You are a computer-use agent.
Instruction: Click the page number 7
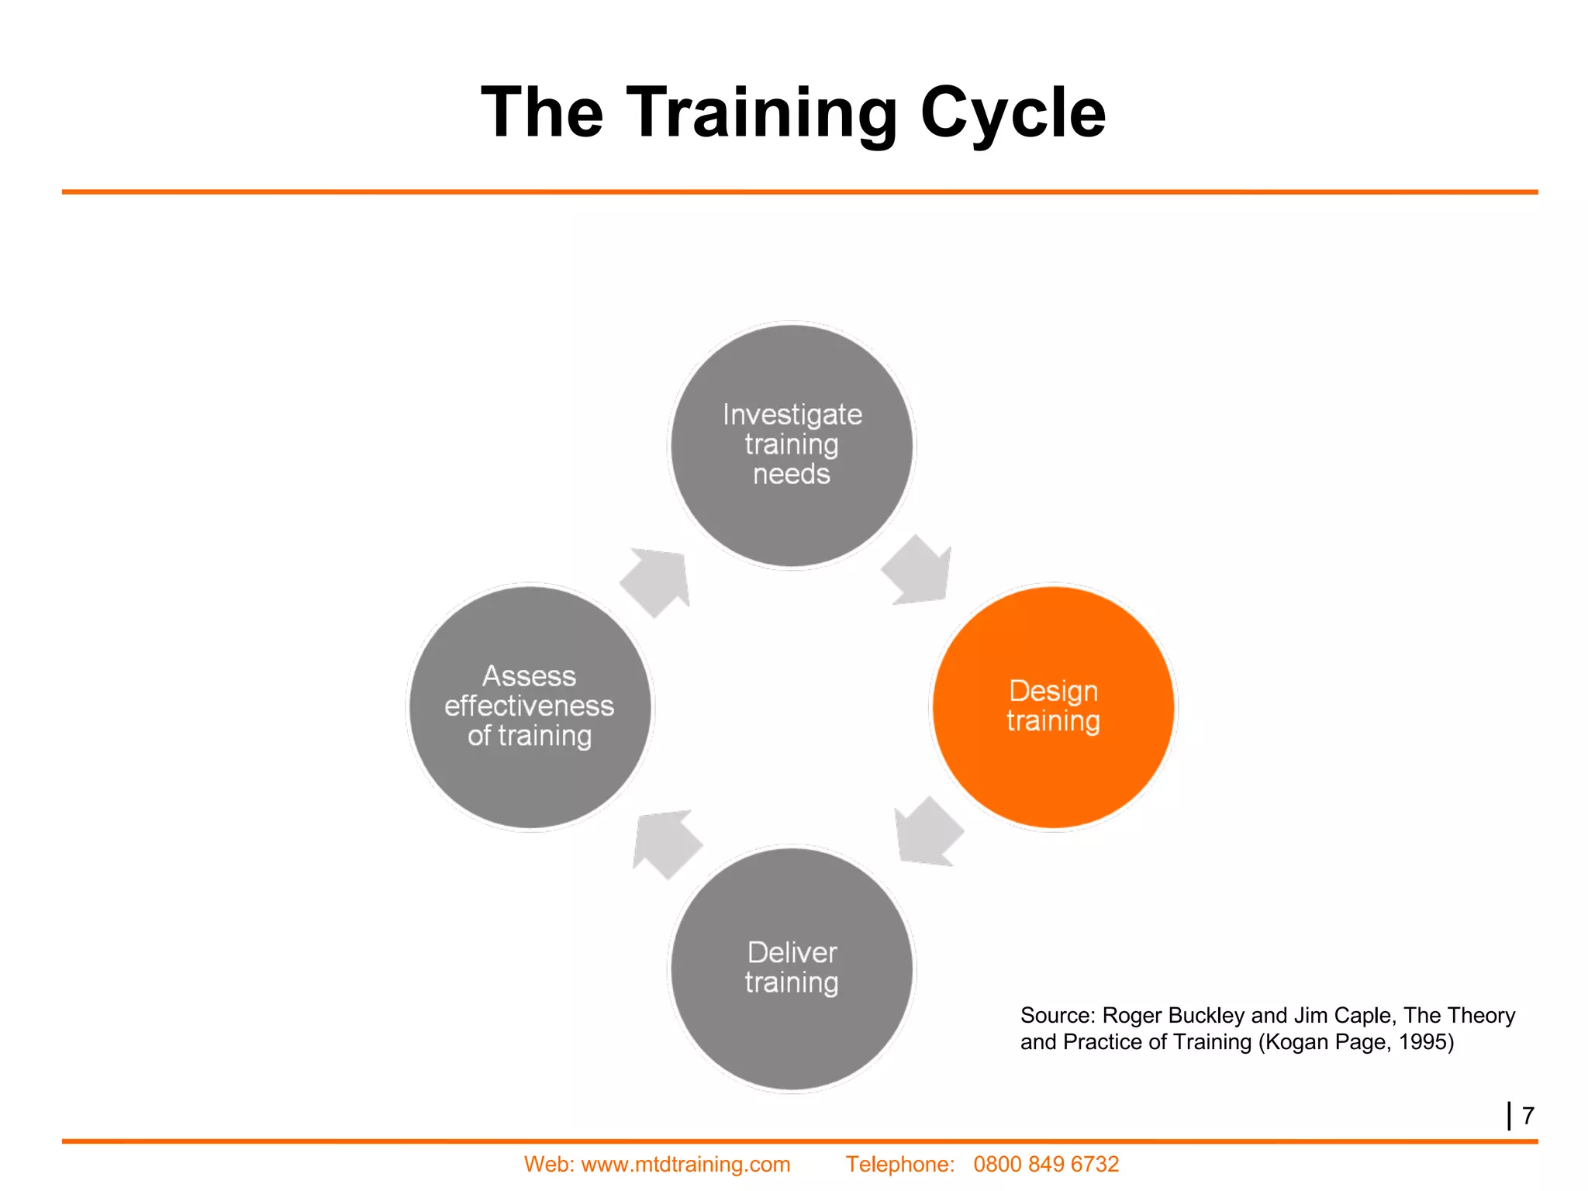[x=1528, y=1116]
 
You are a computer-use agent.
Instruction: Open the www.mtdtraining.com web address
[x=685, y=1165]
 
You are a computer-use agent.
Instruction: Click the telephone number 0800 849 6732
[x=1046, y=1165]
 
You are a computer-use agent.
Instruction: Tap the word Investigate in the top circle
[x=792, y=415]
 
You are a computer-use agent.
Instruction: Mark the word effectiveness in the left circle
[x=529, y=706]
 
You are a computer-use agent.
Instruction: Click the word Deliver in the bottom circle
[x=792, y=953]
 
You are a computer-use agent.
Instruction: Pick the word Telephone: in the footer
[x=900, y=1165]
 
